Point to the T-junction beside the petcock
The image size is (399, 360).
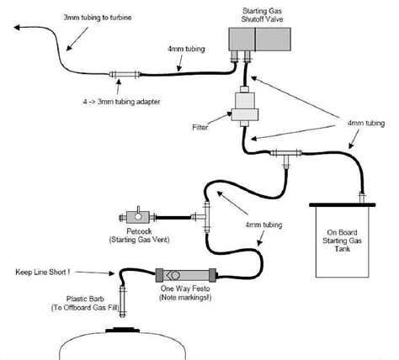click(205, 209)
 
